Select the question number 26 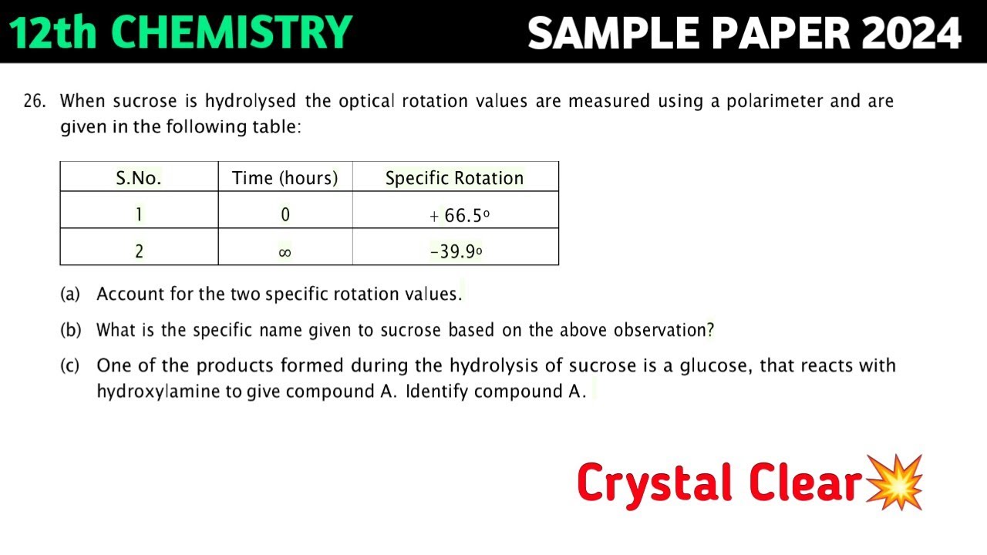34,101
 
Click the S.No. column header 139,178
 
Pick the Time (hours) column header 285,178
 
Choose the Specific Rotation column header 454,178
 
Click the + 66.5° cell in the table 460,216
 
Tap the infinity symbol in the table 285,252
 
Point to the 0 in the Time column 285,215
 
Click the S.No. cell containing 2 139,252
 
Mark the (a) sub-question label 70,294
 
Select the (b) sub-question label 70,331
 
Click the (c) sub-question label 70,365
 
